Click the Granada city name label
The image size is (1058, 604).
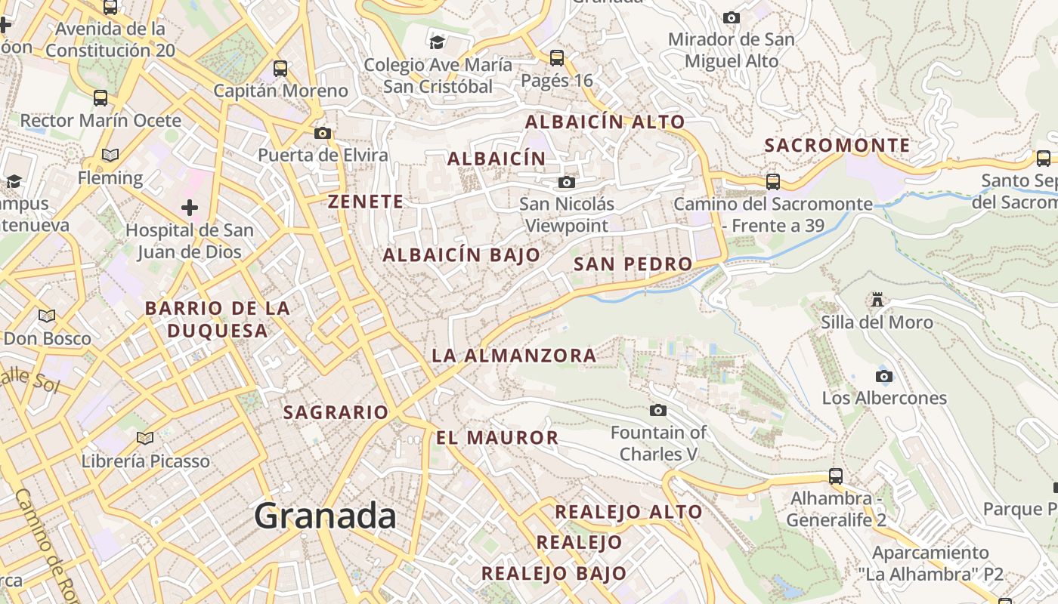325,516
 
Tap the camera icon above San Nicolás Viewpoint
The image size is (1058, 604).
566,182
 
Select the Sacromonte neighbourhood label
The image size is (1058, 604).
837,146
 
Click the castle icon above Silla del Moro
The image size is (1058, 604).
877,300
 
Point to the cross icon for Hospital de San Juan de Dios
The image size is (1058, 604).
189,207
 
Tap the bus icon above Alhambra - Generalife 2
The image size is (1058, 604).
835,476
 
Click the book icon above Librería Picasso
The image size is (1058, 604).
145,438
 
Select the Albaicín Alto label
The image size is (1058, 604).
605,122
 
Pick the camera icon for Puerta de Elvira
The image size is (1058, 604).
323,134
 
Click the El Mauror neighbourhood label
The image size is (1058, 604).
497,438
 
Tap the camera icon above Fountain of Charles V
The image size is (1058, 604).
658,410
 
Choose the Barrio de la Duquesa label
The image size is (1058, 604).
218,319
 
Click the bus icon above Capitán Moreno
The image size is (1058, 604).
280,69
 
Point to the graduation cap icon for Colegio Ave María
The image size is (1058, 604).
438,42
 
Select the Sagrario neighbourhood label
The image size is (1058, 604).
336,413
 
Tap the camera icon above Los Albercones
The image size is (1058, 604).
883,376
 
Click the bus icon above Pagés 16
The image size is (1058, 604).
557,57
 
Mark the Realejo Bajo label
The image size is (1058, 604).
554,574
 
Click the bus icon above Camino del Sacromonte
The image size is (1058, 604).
772,182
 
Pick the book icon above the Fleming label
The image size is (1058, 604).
110,156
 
